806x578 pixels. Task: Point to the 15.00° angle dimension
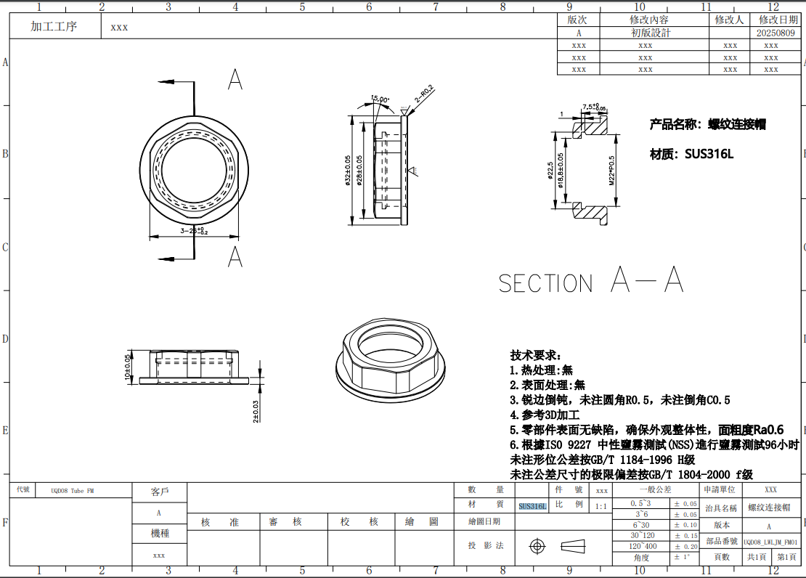click(x=380, y=99)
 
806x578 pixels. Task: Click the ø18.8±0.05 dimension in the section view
click(x=561, y=171)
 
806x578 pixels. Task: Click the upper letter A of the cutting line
click(x=235, y=80)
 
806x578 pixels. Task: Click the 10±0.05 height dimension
click(x=129, y=367)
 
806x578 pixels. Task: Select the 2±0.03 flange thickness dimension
click(x=256, y=411)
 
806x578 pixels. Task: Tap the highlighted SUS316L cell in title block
click(x=532, y=506)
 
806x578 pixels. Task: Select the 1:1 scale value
click(x=601, y=506)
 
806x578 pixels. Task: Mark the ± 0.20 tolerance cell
click(x=685, y=546)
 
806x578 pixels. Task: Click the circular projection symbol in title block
click(x=537, y=545)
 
